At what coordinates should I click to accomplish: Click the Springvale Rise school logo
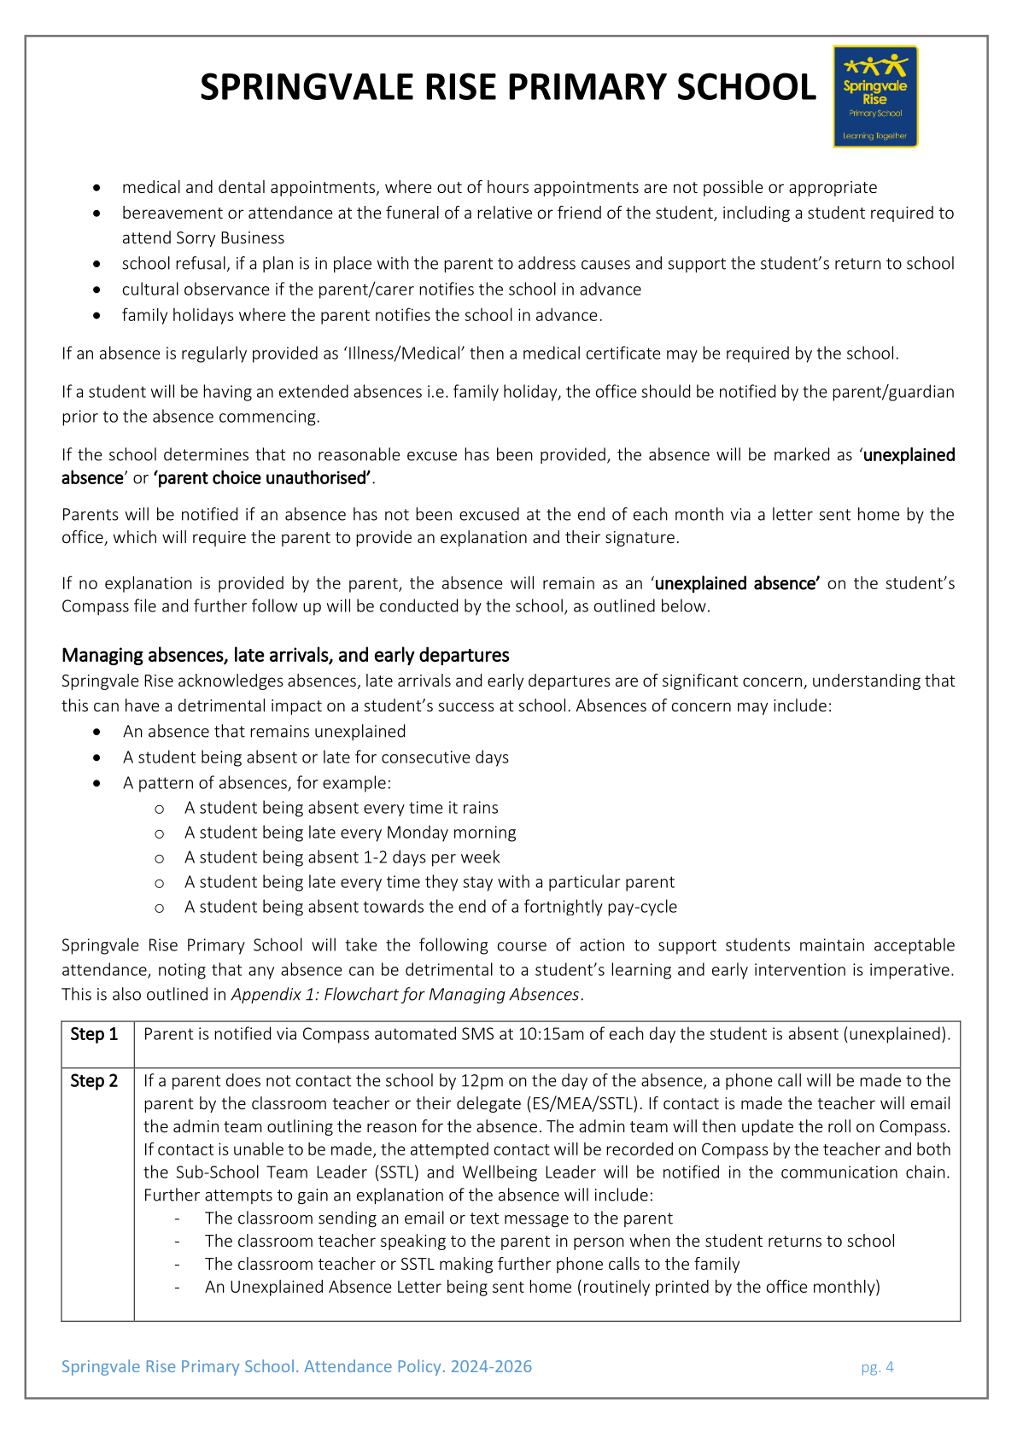[x=875, y=96]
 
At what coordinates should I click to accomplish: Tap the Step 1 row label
[x=94, y=1035]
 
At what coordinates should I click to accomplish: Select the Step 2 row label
[x=94, y=1081]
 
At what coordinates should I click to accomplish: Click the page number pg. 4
[x=877, y=1367]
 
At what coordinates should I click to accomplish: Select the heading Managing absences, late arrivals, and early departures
[x=285, y=655]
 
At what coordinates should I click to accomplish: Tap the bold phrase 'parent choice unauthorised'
[x=263, y=478]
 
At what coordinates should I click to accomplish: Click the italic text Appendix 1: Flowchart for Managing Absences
[x=406, y=995]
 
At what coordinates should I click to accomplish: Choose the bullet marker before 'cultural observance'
[x=100, y=290]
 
